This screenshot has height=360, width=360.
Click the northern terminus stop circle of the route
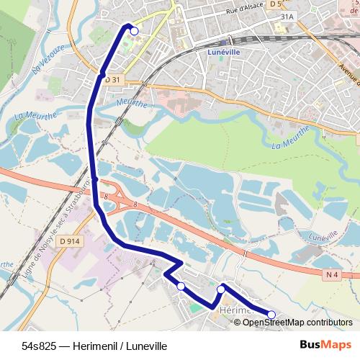pyautogui.click(x=134, y=30)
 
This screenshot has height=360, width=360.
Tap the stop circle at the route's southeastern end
pyautogui.click(x=272, y=314)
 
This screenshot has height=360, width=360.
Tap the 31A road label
pyautogui.click(x=287, y=16)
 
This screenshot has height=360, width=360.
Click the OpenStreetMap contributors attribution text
pyautogui.click(x=297, y=322)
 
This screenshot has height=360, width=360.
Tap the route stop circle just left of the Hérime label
pyautogui.click(x=220, y=289)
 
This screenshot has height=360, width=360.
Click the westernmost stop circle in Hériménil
pyautogui.click(x=181, y=287)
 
